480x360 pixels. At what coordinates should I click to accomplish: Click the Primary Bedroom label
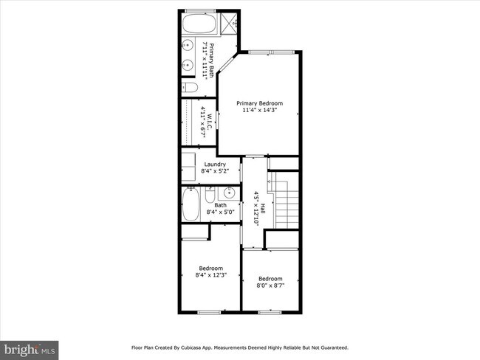pyautogui.click(x=259, y=104)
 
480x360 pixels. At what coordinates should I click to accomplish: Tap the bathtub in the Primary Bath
pyautogui.click(x=197, y=25)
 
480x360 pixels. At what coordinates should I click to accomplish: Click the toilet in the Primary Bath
pyautogui.click(x=190, y=88)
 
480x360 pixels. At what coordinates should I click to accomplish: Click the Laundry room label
pyautogui.click(x=215, y=165)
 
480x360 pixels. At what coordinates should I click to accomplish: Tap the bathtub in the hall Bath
pyautogui.click(x=190, y=204)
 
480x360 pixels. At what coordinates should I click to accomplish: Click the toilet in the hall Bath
pyautogui.click(x=210, y=195)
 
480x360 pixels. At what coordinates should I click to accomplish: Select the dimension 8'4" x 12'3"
pyautogui.click(x=210, y=275)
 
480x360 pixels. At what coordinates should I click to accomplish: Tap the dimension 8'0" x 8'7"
pyautogui.click(x=270, y=285)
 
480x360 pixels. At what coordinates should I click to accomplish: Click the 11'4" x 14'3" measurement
pyautogui.click(x=259, y=111)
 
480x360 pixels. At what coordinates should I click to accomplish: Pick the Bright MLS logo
pyautogui.click(x=30, y=347)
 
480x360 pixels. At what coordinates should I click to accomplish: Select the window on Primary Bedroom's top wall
pyautogui.click(x=259, y=52)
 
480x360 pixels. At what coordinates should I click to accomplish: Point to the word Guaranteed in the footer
pyautogui.click(x=331, y=347)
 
